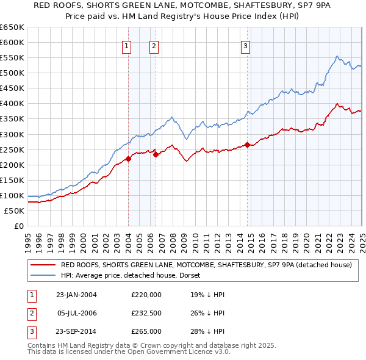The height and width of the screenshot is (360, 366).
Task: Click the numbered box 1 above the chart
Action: pyautogui.click(x=126, y=45)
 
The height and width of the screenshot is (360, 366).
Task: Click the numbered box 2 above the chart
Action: pyautogui.click(x=154, y=45)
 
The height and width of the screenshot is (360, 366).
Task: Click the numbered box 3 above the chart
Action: pyautogui.click(x=245, y=45)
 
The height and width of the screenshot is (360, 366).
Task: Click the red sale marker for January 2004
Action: pyautogui.click(x=129, y=159)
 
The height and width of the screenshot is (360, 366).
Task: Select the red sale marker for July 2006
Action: pyautogui.click(x=156, y=154)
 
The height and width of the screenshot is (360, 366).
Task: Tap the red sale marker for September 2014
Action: pyautogui.click(x=247, y=145)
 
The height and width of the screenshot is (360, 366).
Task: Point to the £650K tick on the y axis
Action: pyautogui.click(x=12, y=27)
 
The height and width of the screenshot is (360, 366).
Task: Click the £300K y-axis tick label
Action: pyautogui.click(x=12, y=134)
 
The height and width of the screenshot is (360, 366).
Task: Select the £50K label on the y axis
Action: pyautogui.click(x=14, y=211)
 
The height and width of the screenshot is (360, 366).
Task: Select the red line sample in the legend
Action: pyautogui.click(x=43, y=265)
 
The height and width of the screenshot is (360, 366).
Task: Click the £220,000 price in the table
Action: pyautogui.click(x=146, y=295)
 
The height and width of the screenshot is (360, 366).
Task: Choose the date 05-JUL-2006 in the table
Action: pyautogui.click(x=76, y=313)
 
